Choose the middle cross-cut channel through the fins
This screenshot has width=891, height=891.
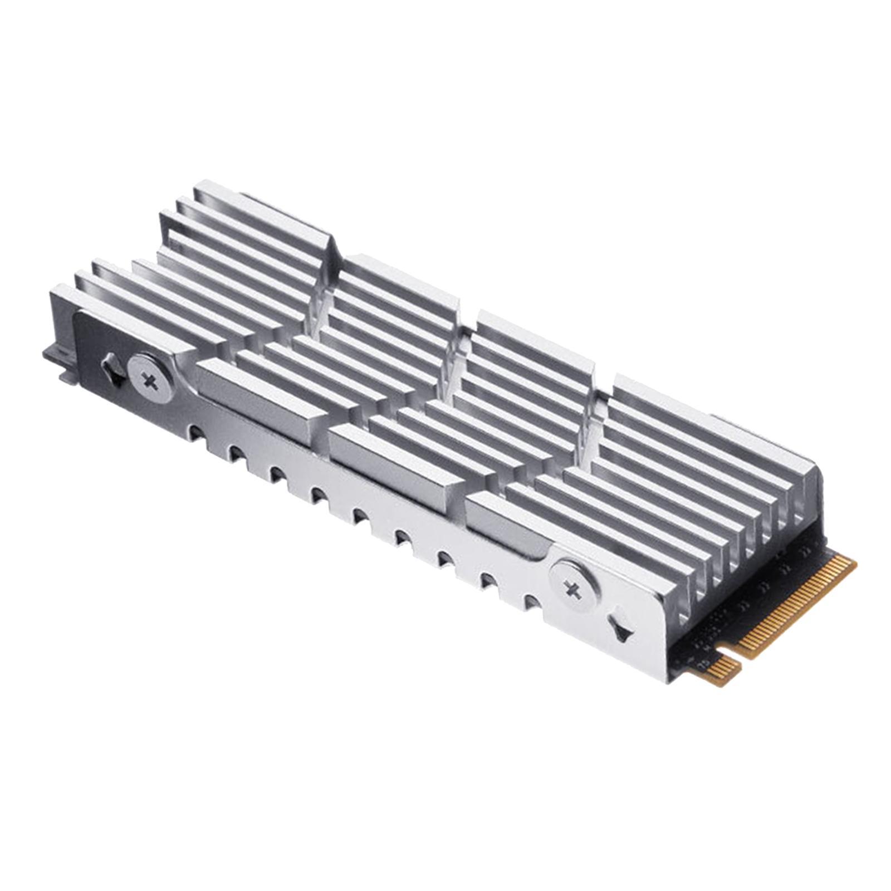454,362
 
